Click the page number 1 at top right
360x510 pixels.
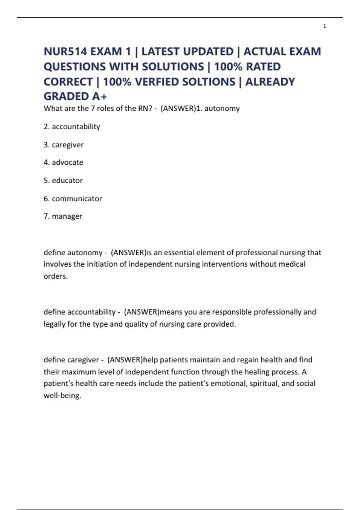(x=325, y=26)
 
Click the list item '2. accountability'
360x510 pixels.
(x=72, y=127)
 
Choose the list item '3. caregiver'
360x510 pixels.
(x=64, y=145)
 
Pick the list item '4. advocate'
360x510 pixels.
(x=63, y=162)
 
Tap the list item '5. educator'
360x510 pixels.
(x=63, y=180)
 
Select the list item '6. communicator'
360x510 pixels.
(x=73, y=198)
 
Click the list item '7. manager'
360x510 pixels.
(x=63, y=216)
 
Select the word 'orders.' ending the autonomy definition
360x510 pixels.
(x=56, y=276)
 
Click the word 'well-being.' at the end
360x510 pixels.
(x=62, y=396)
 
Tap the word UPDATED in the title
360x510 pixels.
(x=208, y=52)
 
